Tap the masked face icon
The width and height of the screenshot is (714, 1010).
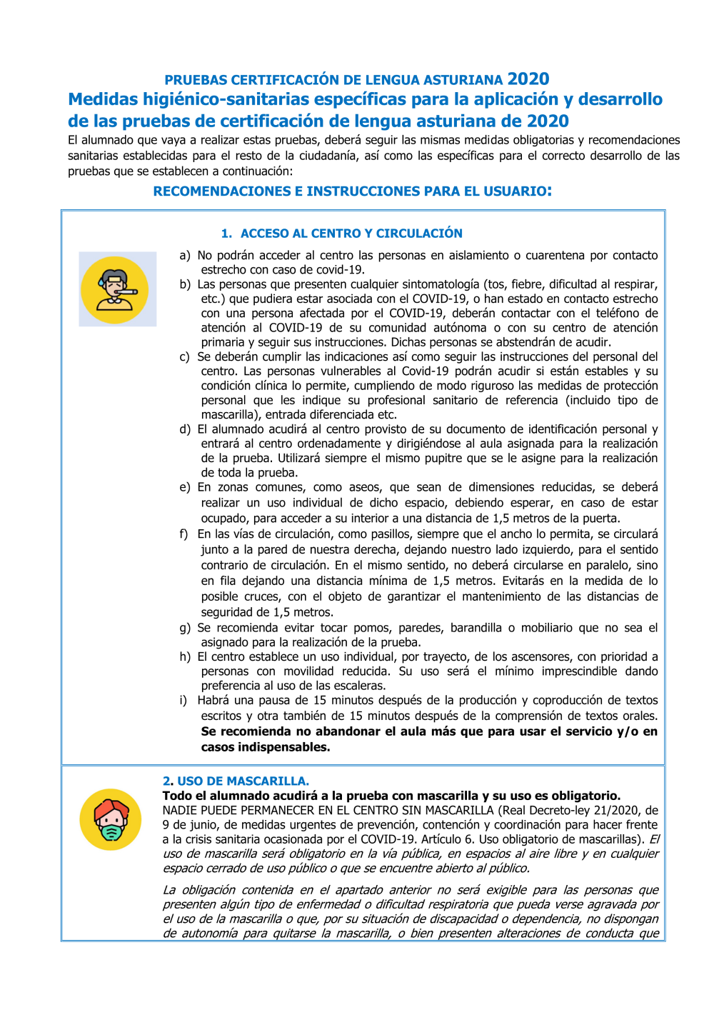111,819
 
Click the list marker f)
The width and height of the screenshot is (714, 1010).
184,534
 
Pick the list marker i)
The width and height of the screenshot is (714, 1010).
183,700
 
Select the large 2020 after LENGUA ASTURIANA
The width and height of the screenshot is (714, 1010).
528,79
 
